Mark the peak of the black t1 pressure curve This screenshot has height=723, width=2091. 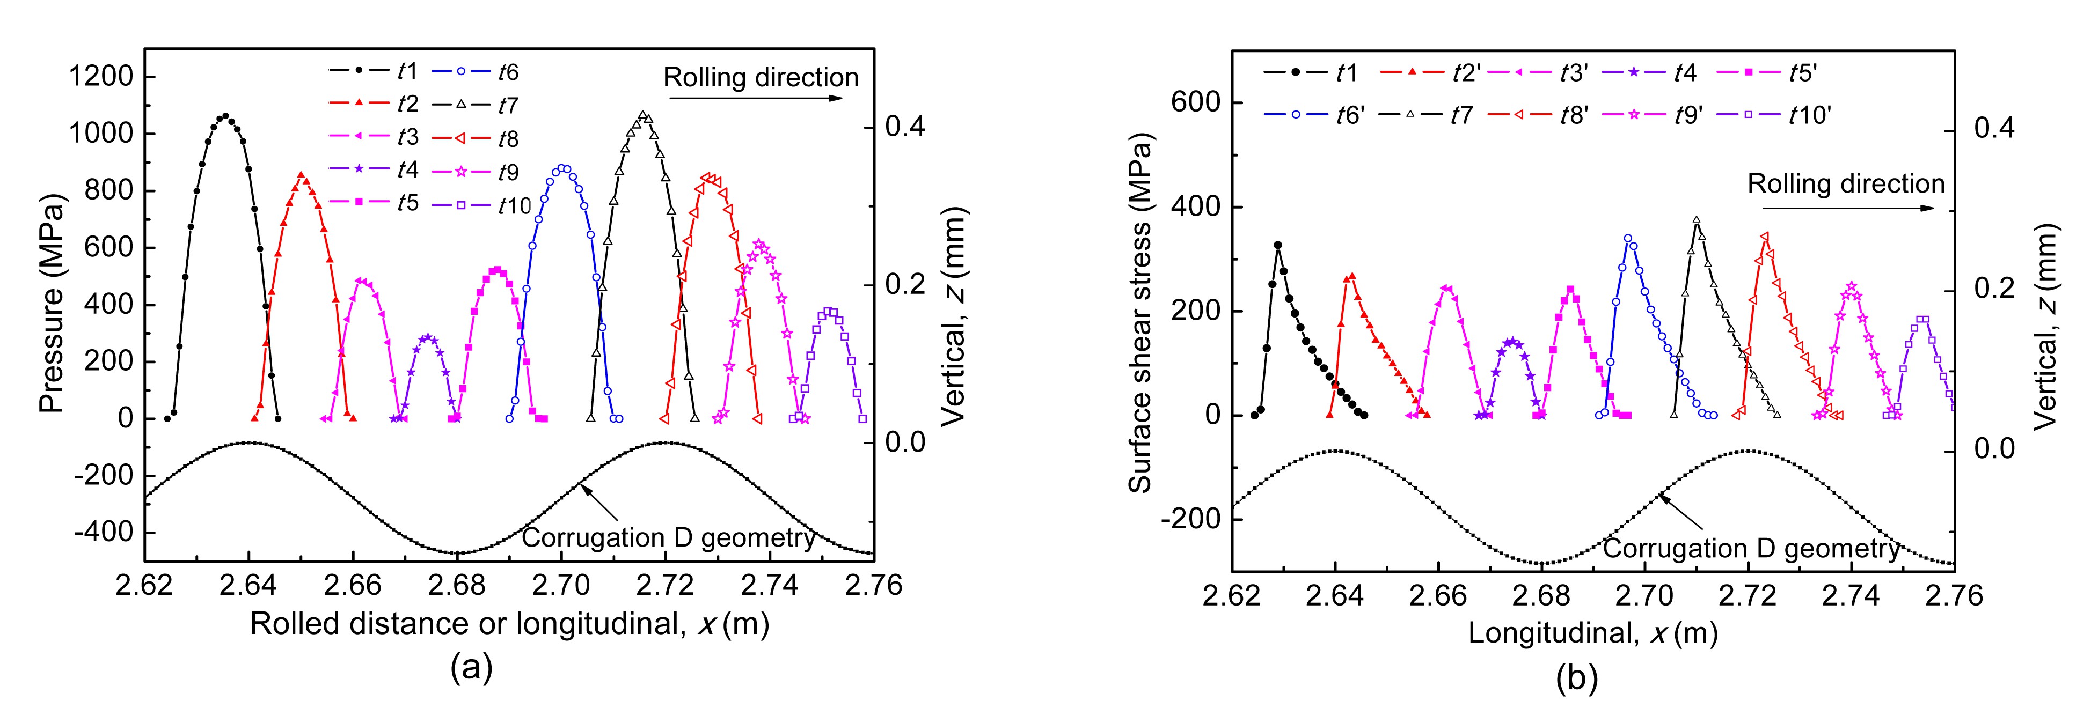pyautogui.click(x=225, y=116)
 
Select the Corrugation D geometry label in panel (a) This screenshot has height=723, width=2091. pyautogui.click(x=668, y=538)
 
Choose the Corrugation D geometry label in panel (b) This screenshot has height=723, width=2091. pyautogui.click(x=1751, y=549)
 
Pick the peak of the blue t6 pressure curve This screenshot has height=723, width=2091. pyautogui.click(x=562, y=168)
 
